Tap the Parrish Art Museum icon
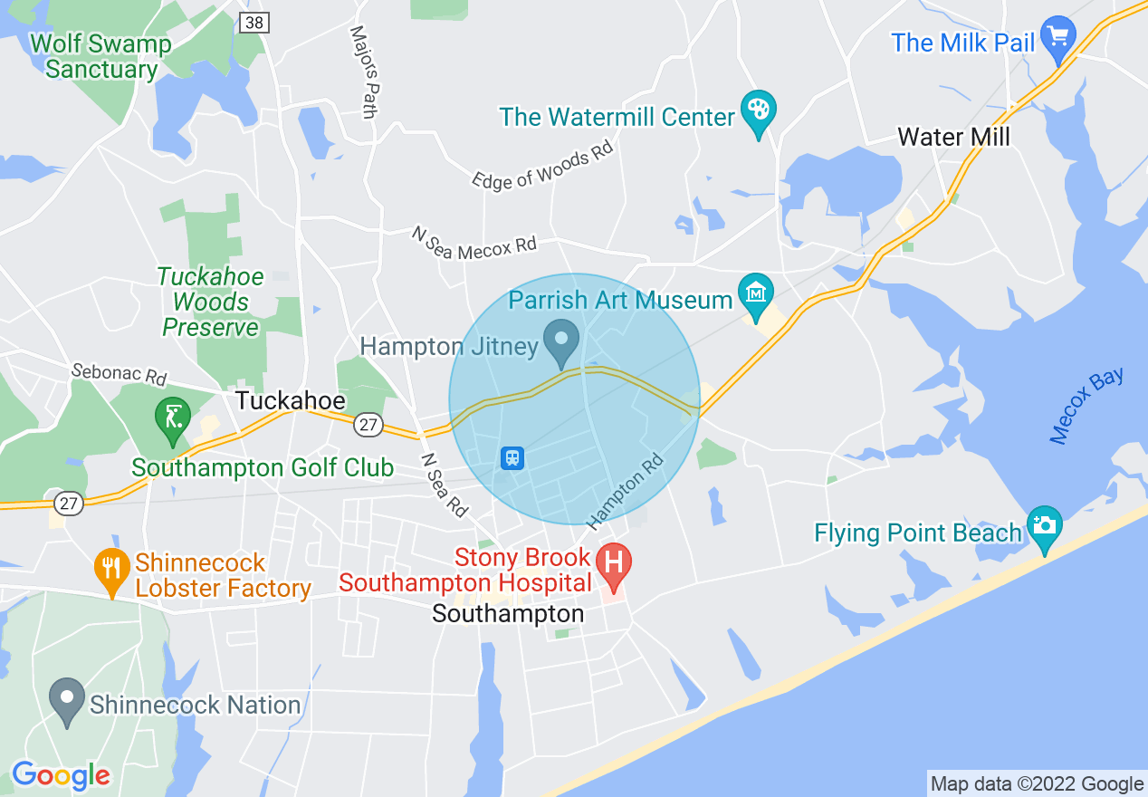pyautogui.click(x=754, y=292)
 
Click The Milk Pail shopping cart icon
pyautogui.click(x=1057, y=37)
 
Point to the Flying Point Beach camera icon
pyautogui.click(x=1045, y=526)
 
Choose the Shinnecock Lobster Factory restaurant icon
pyautogui.click(x=110, y=568)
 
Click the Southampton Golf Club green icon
pyautogui.click(x=173, y=417)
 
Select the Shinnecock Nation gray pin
pyautogui.click(x=66, y=698)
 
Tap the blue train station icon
pyautogui.click(x=512, y=457)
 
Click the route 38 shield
pyautogui.click(x=254, y=23)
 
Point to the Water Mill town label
pyautogui.click(x=953, y=137)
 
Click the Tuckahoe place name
pyautogui.click(x=290, y=400)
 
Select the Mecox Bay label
pyautogui.click(x=1087, y=405)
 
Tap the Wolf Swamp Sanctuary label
pyautogui.click(x=100, y=56)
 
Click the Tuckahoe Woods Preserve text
pyautogui.click(x=211, y=302)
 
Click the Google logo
pyautogui.click(x=61, y=776)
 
